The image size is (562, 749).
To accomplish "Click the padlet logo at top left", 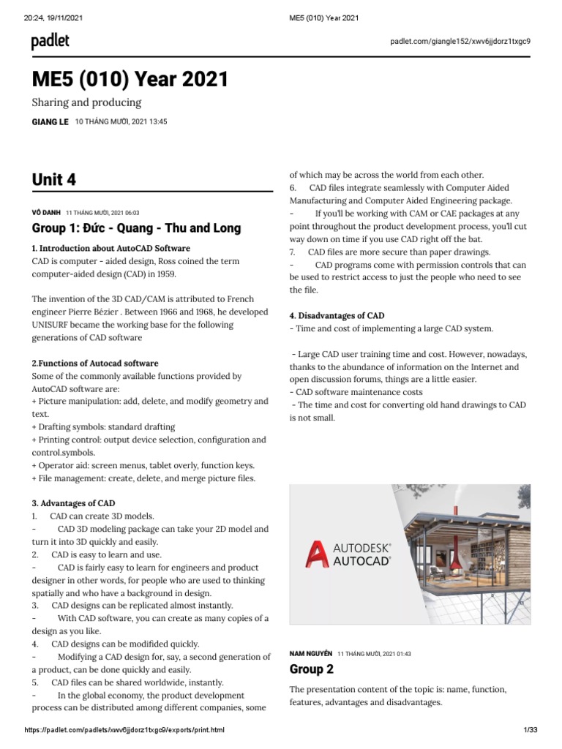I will (x=50, y=42).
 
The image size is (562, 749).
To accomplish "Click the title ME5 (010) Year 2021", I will (x=130, y=79).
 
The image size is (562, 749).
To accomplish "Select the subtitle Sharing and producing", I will (x=86, y=102).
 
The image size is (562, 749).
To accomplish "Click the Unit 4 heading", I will (x=53, y=179).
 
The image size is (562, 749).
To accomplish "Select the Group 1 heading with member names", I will (x=136, y=228).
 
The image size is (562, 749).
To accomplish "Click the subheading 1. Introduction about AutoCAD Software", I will (x=110, y=248).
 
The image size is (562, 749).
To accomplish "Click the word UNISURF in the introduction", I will (x=56, y=325).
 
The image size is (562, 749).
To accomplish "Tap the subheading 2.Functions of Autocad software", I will (x=95, y=363).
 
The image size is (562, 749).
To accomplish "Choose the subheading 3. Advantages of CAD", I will (x=73, y=503).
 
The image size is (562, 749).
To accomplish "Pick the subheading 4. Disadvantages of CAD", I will (x=337, y=315).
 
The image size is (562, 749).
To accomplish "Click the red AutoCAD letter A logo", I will (x=316, y=555).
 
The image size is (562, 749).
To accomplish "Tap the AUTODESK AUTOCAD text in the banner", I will (x=362, y=554).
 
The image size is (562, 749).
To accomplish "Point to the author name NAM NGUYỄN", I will (x=311, y=652).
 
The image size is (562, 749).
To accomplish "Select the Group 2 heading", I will (x=311, y=669).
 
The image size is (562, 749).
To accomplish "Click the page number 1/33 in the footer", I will (x=531, y=730).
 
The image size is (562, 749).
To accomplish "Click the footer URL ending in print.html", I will (x=124, y=730).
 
